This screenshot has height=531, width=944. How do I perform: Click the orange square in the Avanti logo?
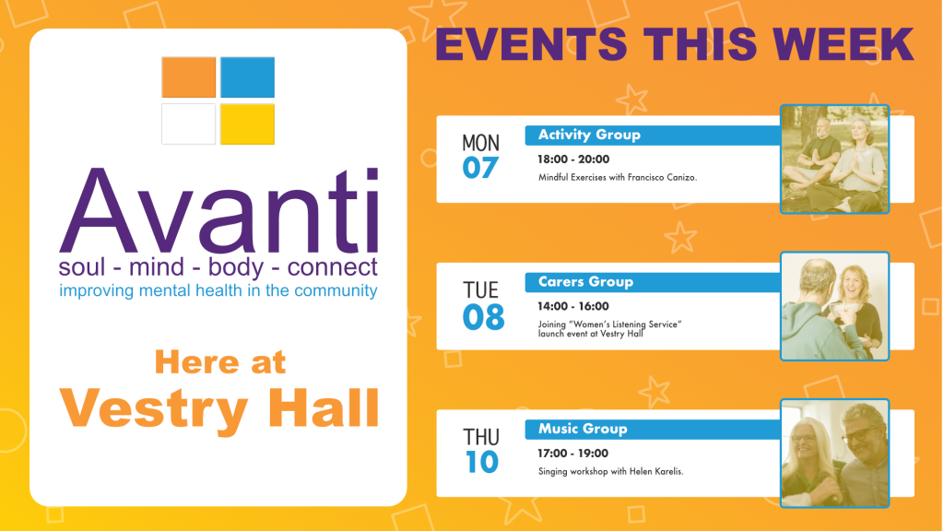point(188,77)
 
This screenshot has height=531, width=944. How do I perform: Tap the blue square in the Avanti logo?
point(247,77)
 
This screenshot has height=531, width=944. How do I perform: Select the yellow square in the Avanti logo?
point(247,124)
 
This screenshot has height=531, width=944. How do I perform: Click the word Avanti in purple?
point(219,210)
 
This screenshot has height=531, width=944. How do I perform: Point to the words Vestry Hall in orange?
point(219,407)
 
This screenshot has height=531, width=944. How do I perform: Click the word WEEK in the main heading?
point(844,44)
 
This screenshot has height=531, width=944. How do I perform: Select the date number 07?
point(480,168)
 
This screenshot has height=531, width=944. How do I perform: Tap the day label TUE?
point(480,290)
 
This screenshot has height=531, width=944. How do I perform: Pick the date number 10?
point(481,462)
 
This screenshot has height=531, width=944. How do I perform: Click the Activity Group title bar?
point(653,135)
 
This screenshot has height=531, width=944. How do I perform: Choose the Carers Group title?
point(585,282)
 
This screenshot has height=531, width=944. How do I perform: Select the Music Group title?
point(583,429)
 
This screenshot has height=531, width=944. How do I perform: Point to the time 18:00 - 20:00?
point(573,159)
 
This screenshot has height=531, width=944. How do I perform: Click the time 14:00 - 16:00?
point(573,306)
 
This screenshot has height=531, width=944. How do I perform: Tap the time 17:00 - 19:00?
point(573,454)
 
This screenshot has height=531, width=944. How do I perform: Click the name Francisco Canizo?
point(662,178)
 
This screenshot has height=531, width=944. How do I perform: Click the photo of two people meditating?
point(834,159)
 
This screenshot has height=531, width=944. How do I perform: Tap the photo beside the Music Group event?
point(834,454)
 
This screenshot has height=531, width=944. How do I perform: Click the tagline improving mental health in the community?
point(218,290)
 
